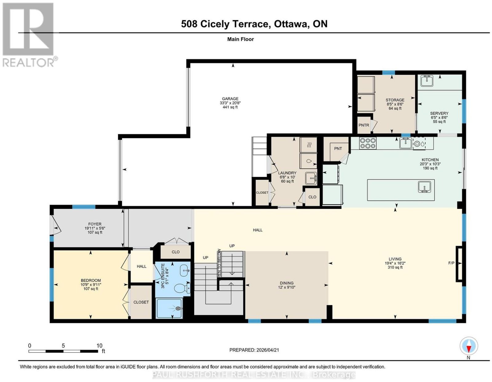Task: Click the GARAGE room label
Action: [230, 99]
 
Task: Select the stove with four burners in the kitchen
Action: [368, 143]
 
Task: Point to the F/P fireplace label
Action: [451, 263]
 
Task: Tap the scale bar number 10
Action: [99, 346]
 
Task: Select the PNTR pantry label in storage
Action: [364, 125]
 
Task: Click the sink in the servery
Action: [427, 81]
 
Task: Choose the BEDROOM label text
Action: [91, 281]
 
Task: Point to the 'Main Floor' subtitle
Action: [240, 39]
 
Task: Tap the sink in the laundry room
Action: [311, 179]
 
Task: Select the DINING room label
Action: [286, 283]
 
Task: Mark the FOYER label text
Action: [95, 224]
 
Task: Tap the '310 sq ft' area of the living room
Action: [395, 267]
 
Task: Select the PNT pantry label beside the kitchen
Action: [338, 149]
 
